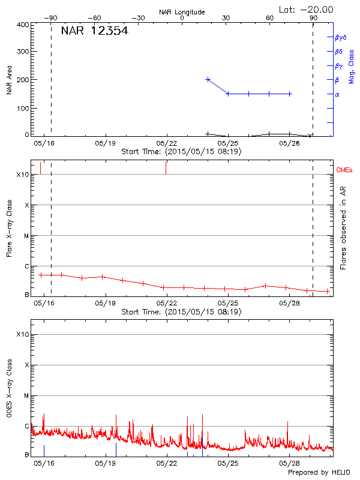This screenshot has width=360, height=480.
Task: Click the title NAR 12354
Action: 94,31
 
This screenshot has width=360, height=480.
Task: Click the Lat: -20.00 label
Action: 307,9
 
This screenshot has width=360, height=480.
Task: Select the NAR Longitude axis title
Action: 182,12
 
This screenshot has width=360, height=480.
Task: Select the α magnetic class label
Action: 337,94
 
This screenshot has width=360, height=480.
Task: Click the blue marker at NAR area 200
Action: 208,79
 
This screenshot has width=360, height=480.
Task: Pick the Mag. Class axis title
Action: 352,65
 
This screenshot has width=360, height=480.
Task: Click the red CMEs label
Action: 345,171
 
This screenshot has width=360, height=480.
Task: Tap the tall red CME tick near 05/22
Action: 166,167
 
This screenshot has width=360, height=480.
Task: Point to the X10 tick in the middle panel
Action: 23,175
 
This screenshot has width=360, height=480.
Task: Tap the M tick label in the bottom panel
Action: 26,396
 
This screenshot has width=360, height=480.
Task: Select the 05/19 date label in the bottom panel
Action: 106,463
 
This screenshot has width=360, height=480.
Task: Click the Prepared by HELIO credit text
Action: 319,472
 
